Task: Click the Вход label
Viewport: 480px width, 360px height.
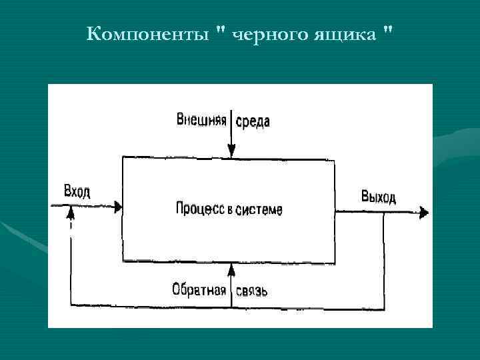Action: tap(77, 192)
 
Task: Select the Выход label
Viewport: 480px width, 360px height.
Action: tap(378, 196)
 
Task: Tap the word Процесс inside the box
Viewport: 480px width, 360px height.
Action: tap(198, 209)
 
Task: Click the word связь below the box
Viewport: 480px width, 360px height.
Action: tap(251, 291)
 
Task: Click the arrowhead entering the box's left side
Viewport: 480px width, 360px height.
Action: tap(118, 208)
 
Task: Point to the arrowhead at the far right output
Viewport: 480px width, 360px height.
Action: tap(424, 213)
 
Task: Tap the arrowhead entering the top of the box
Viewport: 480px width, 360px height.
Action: tap(231, 153)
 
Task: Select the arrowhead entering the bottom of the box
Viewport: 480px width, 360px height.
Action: tap(231, 267)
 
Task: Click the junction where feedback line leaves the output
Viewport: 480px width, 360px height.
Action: tap(384, 213)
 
